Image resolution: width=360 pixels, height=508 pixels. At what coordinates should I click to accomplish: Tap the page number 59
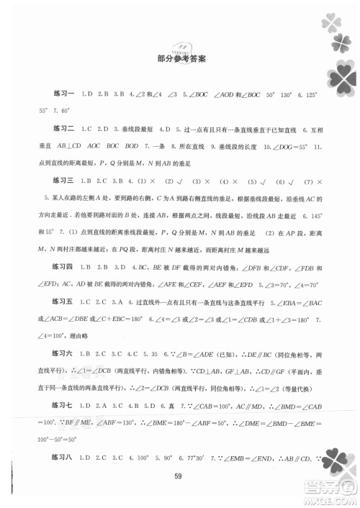click(180, 493)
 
